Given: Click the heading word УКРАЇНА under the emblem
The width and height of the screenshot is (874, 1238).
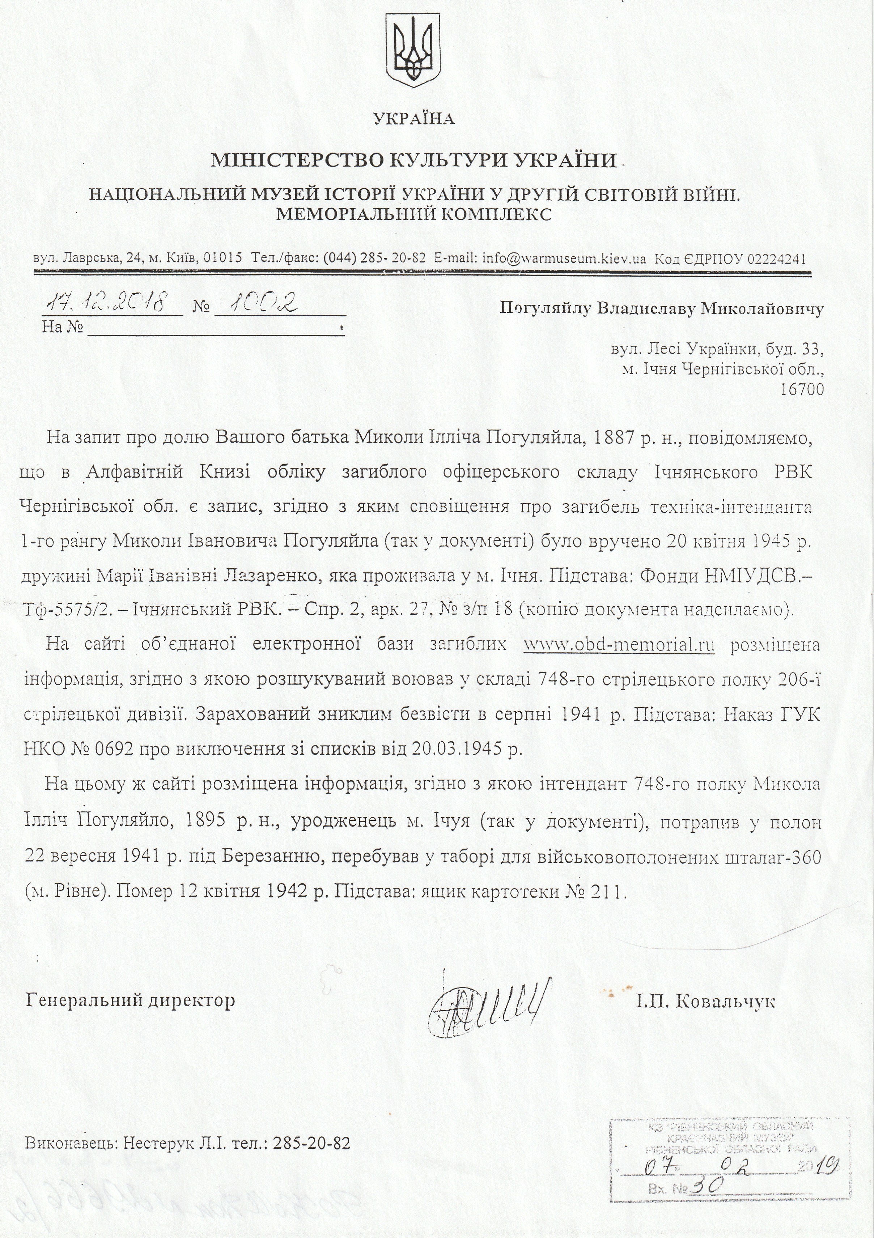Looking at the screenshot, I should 414,119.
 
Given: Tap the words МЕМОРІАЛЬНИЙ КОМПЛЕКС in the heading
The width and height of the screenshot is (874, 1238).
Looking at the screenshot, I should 414,215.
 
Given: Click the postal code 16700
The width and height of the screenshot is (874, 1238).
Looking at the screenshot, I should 802,389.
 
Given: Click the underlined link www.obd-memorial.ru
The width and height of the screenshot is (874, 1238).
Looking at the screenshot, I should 619,645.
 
